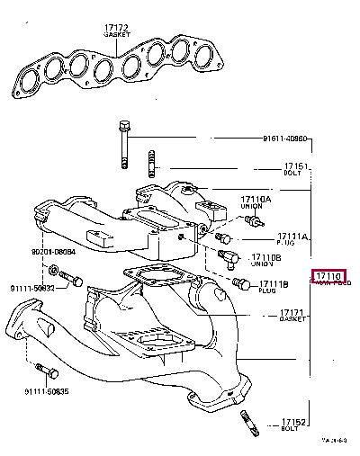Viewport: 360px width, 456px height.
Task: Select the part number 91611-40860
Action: pos(285,139)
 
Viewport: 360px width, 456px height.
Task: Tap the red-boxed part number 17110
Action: pos(328,275)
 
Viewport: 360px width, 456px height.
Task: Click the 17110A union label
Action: pos(256,199)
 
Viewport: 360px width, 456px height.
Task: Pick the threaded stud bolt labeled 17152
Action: pos(248,417)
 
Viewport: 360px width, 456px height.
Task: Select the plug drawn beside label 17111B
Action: pos(240,283)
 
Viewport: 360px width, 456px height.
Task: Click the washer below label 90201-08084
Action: pos(55,270)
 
